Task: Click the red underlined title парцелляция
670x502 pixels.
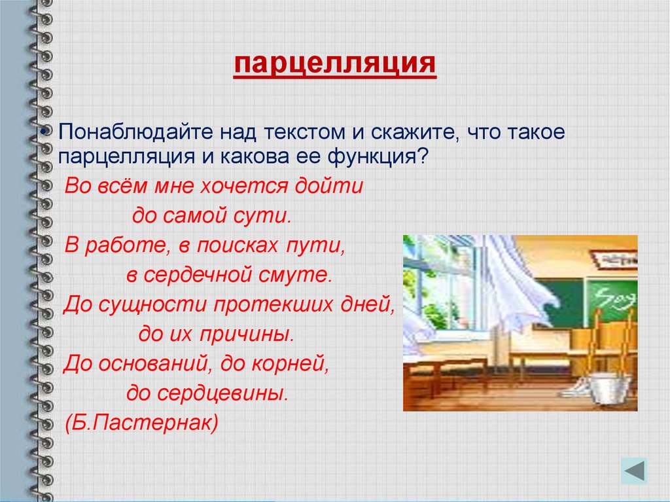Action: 335,65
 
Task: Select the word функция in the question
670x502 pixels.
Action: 372,157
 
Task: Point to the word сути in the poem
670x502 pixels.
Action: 262,215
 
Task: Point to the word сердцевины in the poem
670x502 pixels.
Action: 222,393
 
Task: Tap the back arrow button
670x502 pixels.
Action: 635,471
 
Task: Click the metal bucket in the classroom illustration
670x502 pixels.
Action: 607,388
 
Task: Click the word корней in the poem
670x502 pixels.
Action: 291,364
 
